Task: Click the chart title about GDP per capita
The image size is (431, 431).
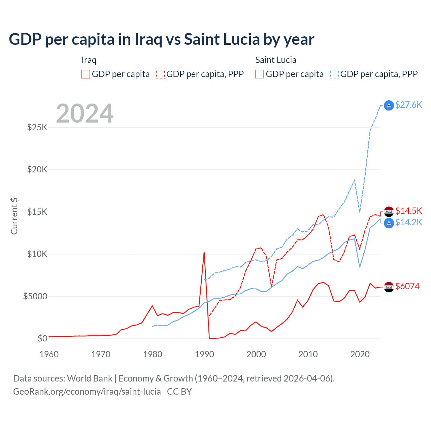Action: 161,39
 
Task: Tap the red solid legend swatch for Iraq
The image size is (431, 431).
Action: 86,74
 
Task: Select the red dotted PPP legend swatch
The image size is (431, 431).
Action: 160,74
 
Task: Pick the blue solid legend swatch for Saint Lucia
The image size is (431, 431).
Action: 260,74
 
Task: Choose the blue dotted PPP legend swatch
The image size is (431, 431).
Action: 334,74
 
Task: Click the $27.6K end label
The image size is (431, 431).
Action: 408,105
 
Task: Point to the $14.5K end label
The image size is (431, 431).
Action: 408,211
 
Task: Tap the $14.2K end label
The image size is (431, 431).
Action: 408,222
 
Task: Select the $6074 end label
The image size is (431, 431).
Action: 407,286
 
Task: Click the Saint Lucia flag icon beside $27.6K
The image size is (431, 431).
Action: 389,105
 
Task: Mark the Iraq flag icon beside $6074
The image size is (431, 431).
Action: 389,287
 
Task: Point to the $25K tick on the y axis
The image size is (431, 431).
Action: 37,127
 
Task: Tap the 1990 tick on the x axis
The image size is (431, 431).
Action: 204,354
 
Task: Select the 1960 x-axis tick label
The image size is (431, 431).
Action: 49,354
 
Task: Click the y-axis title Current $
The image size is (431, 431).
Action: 14,216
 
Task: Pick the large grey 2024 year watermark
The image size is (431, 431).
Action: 85,113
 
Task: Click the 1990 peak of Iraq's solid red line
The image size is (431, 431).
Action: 204,252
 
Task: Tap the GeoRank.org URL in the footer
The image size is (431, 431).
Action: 87,392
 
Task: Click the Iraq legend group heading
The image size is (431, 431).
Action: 89,60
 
